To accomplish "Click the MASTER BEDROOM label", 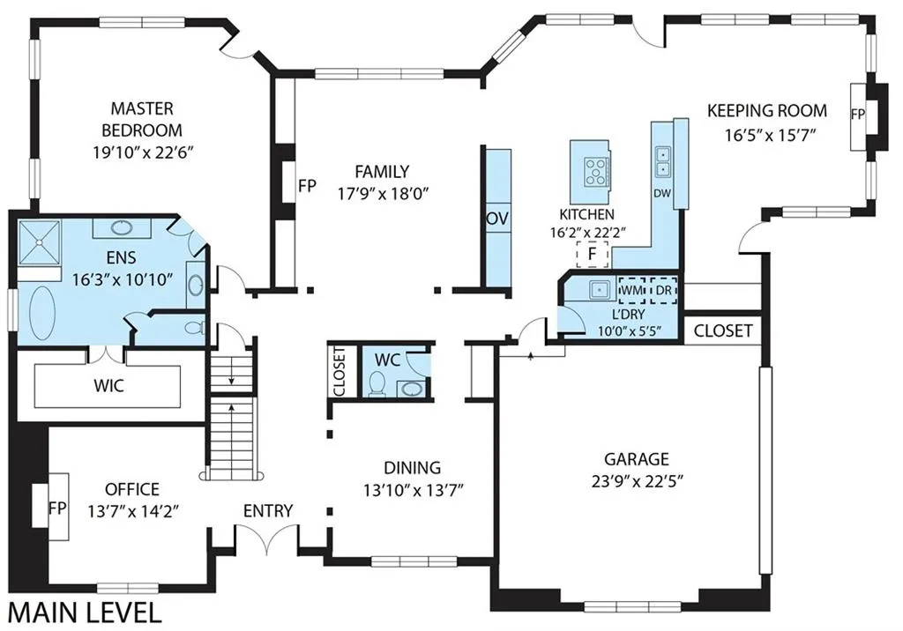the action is [142, 119].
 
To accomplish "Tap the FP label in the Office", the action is [57, 509].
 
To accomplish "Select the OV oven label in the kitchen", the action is [497, 219].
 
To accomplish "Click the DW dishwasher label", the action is [662, 193].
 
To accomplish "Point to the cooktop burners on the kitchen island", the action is [595, 172].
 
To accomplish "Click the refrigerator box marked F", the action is [592, 254].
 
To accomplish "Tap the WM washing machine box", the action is [631, 291].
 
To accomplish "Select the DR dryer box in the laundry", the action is [663, 291].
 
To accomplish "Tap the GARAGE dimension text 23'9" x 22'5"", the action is [637, 480].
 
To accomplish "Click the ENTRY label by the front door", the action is [268, 510].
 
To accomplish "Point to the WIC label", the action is [108, 385].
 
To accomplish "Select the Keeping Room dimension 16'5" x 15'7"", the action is [771, 136].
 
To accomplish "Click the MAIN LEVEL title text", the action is [85, 613].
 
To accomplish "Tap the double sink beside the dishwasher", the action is [663, 162].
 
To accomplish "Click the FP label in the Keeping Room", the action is [857, 115].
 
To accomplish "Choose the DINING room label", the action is [413, 467].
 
